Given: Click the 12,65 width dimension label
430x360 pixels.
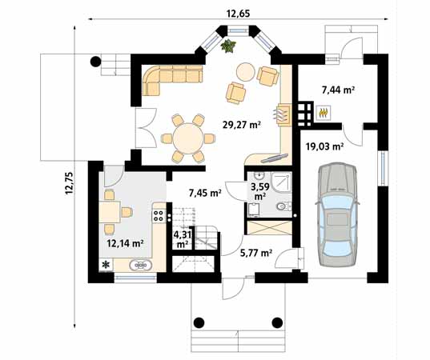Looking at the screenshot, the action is (x=239, y=14).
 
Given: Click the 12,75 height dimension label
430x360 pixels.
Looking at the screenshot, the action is (x=69, y=183).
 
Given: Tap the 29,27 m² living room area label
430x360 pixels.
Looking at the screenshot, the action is (x=241, y=125).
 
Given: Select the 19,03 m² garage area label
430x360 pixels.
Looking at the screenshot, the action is (x=324, y=147).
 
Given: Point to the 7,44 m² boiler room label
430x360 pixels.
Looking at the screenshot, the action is (x=339, y=90).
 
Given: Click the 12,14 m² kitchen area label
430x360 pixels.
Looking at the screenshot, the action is (x=126, y=243).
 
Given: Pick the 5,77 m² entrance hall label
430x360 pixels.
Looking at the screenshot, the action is (x=256, y=253).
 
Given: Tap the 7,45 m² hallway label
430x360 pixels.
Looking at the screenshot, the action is (x=205, y=194).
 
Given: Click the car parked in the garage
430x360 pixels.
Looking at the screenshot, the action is (x=337, y=214).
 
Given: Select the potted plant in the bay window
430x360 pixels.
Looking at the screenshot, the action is (x=228, y=46).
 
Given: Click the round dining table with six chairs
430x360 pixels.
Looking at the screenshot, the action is (x=188, y=138).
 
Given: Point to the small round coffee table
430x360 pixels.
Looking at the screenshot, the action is (x=246, y=72).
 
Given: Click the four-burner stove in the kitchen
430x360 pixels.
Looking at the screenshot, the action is (x=159, y=215).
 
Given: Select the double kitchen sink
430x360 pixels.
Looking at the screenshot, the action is (x=141, y=265).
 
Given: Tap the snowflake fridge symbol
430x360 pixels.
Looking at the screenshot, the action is (x=106, y=264).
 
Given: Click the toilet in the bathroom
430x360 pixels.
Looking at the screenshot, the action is (x=283, y=206).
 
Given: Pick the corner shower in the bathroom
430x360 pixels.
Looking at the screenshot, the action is (x=281, y=182).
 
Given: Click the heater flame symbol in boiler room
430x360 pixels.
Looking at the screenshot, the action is (x=324, y=112).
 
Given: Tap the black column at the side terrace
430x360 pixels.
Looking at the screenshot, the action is (x=96, y=62).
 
